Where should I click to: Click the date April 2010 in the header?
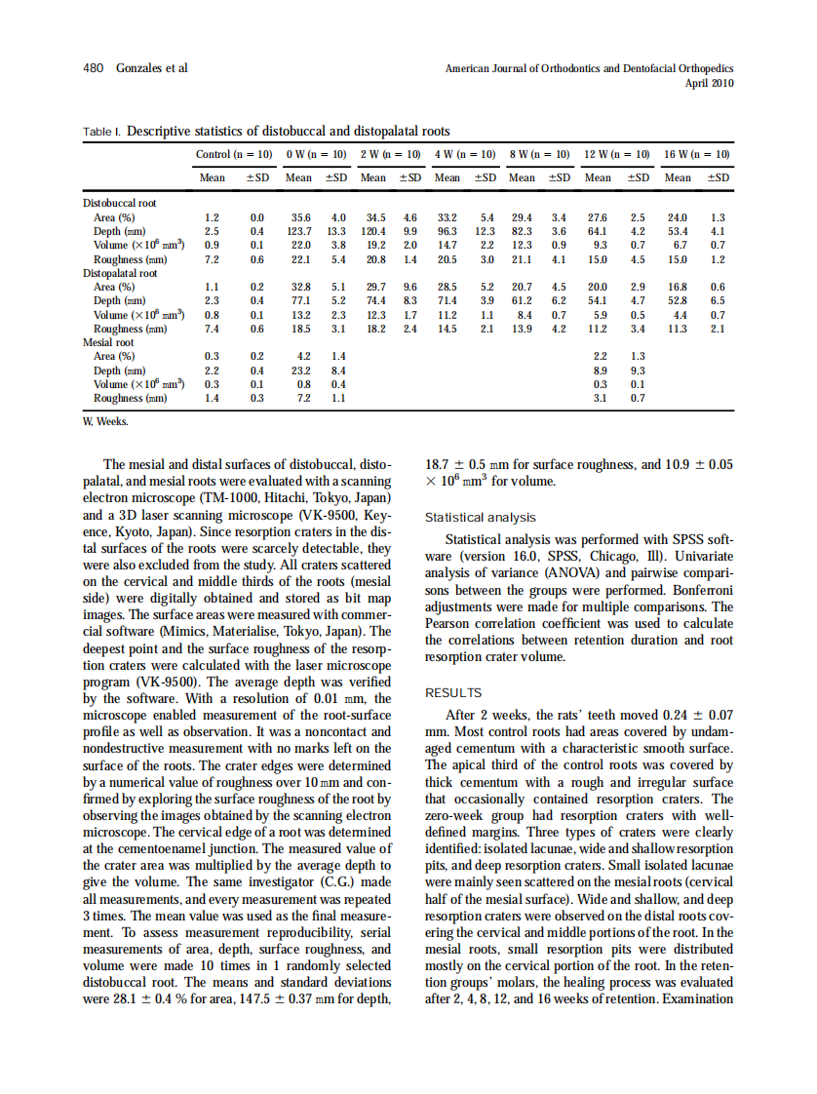point(711,84)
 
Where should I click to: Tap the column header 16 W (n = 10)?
point(697,154)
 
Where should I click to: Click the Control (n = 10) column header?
point(234,154)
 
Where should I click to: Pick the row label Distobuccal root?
point(119,203)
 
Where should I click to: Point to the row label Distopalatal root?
point(120,274)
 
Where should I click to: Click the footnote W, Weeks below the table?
point(103,421)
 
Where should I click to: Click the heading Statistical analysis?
point(481,518)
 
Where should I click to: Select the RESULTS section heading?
point(453,693)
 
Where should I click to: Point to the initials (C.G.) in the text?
point(331,882)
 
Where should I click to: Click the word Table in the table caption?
point(97,130)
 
